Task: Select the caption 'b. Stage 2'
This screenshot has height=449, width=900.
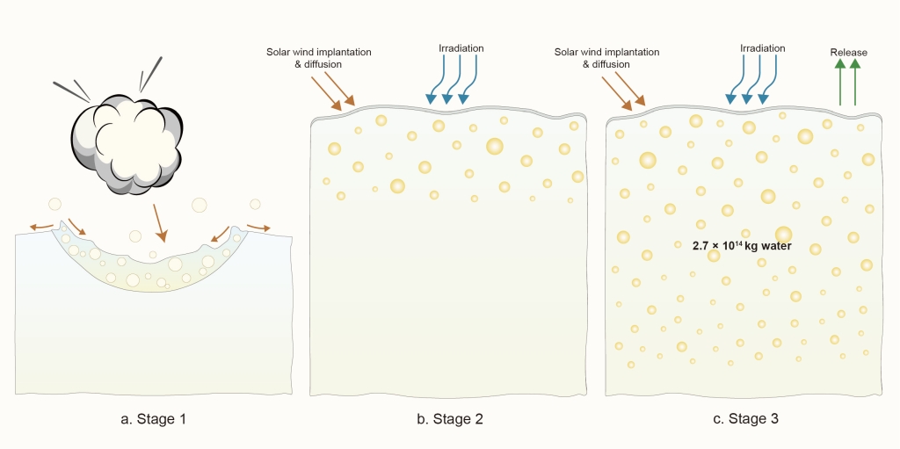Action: [x=450, y=419]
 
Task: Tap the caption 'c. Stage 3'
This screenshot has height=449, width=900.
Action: [x=745, y=419]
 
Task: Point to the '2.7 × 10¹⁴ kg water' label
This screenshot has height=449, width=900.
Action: [x=743, y=246]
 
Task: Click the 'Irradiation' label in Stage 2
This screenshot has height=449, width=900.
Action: [x=461, y=48]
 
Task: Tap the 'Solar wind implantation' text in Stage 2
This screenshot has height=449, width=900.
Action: [x=319, y=52]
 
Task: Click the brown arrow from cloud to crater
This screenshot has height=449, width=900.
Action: [x=159, y=223]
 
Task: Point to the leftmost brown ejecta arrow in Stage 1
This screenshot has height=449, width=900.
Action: [x=40, y=227]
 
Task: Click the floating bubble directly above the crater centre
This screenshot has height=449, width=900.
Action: [x=135, y=235]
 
